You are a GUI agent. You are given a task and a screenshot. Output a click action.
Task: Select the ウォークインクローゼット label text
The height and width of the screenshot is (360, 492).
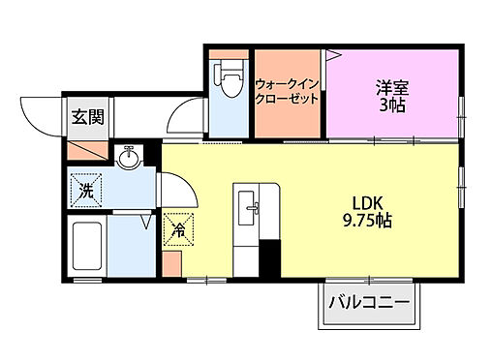[288, 92]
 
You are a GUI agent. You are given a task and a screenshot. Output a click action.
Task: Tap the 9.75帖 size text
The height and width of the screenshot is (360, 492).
[364, 221]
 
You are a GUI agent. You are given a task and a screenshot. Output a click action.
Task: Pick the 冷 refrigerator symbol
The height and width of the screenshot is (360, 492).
[179, 229]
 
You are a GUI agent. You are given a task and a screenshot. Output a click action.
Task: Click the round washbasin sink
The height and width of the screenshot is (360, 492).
[129, 157]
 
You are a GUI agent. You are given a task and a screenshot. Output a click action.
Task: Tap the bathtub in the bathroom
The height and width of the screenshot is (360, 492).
[87, 247]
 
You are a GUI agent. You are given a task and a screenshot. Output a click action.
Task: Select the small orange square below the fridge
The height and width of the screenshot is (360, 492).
[172, 262]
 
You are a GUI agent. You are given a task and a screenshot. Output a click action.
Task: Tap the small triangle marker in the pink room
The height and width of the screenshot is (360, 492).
[329, 56]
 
